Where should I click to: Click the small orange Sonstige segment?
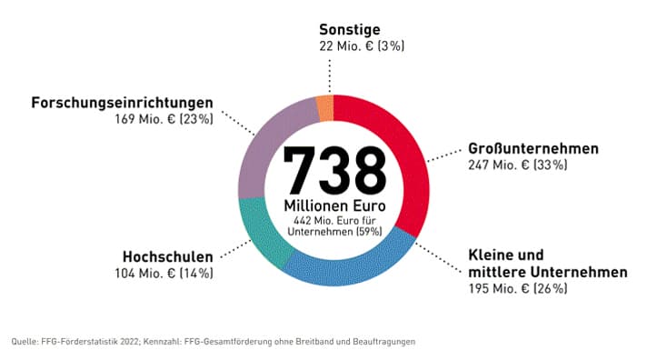[325, 109]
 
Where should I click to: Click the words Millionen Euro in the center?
[334, 207]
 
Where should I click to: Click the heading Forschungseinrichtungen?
[122, 102]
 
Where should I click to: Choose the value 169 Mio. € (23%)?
[164, 119]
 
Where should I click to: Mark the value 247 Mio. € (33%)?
[518, 165]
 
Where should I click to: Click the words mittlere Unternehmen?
[547, 272]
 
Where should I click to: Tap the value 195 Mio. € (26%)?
[518, 289]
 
